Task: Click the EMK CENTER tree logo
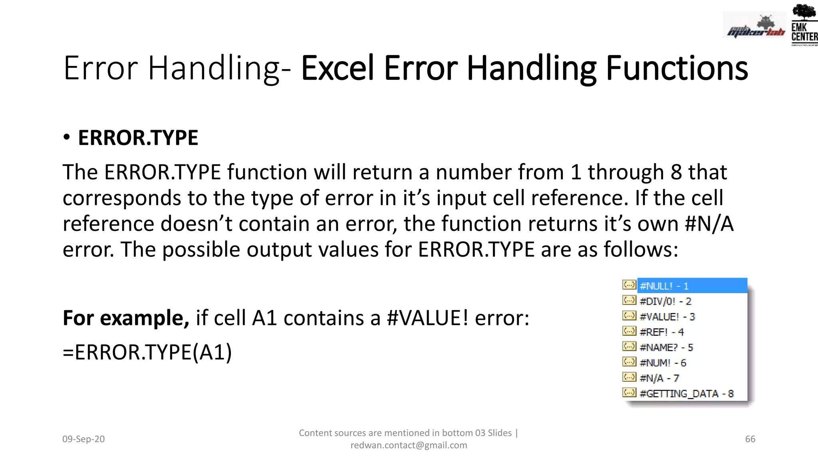tap(804, 24)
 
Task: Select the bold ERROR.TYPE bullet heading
tap(138, 138)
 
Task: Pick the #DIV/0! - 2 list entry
tap(665, 301)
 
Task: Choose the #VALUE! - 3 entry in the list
tap(667, 317)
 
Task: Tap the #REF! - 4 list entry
tap(661, 332)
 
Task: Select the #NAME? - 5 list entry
tap(666, 347)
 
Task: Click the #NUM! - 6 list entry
tap(663, 363)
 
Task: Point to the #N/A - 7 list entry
tap(659, 378)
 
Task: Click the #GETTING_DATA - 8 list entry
tap(686, 393)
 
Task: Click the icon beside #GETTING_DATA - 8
tap(629, 393)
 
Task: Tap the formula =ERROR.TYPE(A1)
tap(147, 352)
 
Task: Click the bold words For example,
tap(126, 318)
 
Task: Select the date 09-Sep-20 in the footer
tap(83, 439)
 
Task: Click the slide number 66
tap(750, 439)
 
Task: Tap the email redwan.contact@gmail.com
tap(409, 445)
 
